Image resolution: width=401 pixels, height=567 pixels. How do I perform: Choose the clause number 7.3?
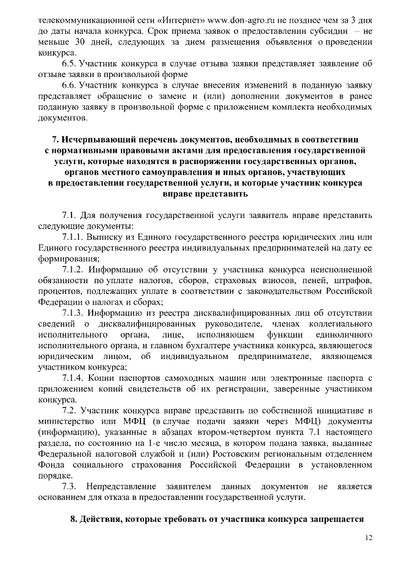pyautogui.click(x=69, y=486)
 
